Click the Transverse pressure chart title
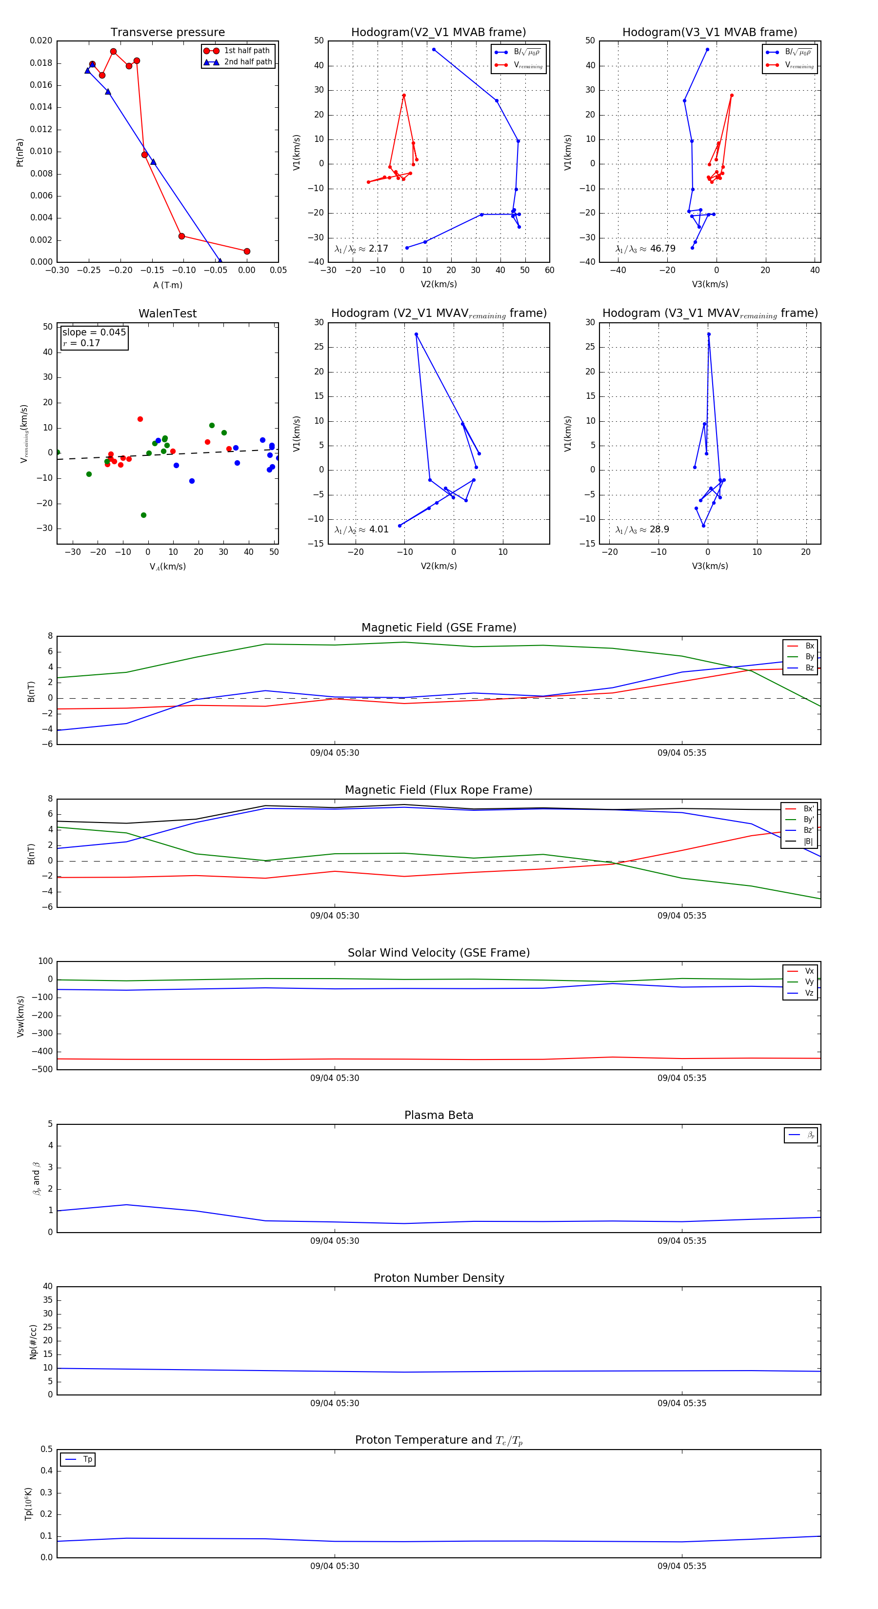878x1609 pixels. pos(167,33)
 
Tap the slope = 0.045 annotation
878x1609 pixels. pos(94,333)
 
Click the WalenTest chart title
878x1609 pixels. pos(167,314)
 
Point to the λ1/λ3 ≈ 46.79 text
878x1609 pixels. pos(645,249)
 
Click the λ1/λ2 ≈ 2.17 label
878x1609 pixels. pos(361,249)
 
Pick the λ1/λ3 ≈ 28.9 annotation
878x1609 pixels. pos(642,530)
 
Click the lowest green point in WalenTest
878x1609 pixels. pos(144,515)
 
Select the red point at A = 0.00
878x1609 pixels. pos(247,251)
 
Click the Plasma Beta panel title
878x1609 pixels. pos(439,1116)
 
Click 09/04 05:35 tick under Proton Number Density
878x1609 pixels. pos(682,1404)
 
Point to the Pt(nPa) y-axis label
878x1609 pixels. pos(20,153)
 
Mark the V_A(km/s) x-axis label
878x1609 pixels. pos(167,567)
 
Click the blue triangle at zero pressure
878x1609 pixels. pos(219,261)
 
